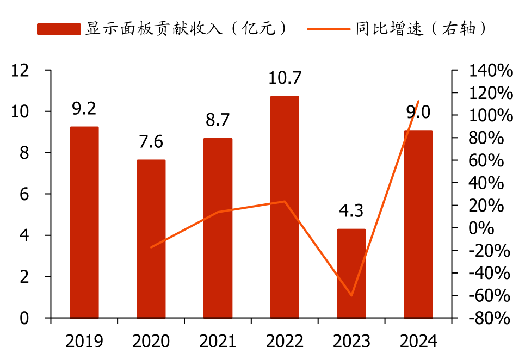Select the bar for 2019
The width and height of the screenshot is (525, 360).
tap(84, 222)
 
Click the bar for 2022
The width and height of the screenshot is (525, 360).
tap(285, 207)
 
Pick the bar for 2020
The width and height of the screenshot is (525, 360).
tap(151, 239)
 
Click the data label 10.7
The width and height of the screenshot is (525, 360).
tap(285, 78)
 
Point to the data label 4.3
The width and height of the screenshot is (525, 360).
tap(351, 211)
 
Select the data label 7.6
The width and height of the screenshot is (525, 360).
tap(151, 142)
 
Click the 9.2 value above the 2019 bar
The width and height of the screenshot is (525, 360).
tap(84, 109)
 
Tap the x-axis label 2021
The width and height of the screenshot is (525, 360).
tap(218, 342)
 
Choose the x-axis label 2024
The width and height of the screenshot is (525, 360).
tap(418, 342)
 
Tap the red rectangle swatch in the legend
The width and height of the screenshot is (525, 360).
tap(59, 29)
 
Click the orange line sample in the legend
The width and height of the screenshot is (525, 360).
tap(329, 29)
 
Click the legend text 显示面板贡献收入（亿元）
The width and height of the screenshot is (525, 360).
tap(185, 29)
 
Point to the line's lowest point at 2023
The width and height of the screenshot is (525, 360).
tap(351, 296)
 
